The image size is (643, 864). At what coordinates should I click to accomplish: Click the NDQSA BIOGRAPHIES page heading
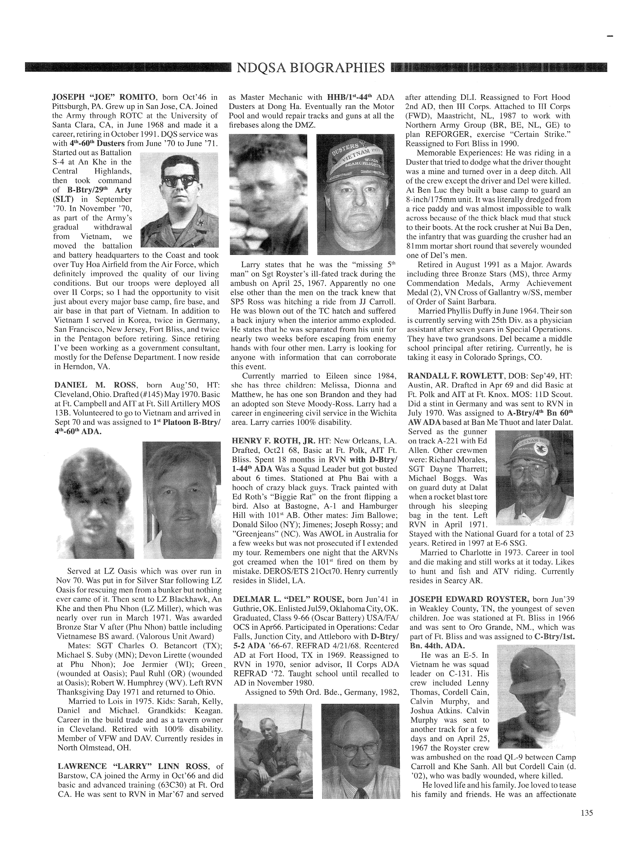point(310,68)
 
